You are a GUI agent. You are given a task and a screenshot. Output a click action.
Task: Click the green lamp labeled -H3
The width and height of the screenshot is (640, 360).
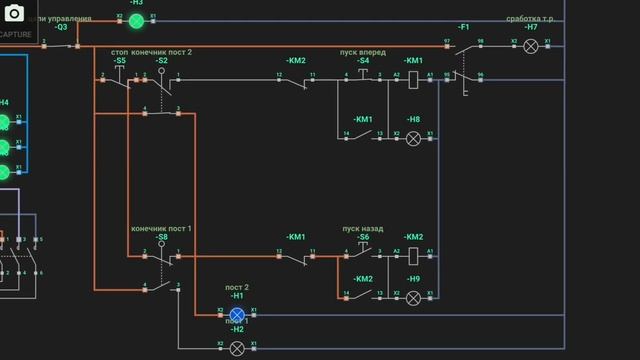[x=136, y=20]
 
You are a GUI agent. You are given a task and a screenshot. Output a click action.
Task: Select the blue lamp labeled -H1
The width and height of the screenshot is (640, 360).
[x=237, y=313]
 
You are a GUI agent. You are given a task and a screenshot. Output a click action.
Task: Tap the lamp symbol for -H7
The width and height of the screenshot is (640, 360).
[x=531, y=46]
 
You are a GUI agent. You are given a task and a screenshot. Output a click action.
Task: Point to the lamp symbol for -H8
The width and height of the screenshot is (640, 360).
[x=413, y=137]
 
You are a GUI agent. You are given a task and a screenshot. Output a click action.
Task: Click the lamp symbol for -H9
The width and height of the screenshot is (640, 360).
[x=413, y=297]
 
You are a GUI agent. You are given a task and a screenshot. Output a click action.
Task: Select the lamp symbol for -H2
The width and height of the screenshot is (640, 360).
[x=237, y=348]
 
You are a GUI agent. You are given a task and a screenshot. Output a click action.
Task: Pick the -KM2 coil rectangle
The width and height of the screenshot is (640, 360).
[x=413, y=256]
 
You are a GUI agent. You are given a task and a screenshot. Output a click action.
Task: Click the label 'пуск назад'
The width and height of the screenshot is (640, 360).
[x=362, y=228]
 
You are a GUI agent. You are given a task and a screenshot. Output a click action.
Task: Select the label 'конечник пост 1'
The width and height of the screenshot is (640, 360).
[x=161, y=228]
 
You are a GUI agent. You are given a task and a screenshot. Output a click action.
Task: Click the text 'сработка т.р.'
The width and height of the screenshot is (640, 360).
[x=531, y=18]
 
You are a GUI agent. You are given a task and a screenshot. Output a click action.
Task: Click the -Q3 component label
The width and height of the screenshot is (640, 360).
[x=61, y=27]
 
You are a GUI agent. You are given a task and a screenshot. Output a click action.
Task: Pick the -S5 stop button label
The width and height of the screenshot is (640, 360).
[x=120, y=61]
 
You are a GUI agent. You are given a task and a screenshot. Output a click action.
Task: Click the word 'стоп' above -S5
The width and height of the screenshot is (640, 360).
[x=119, y=51]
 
